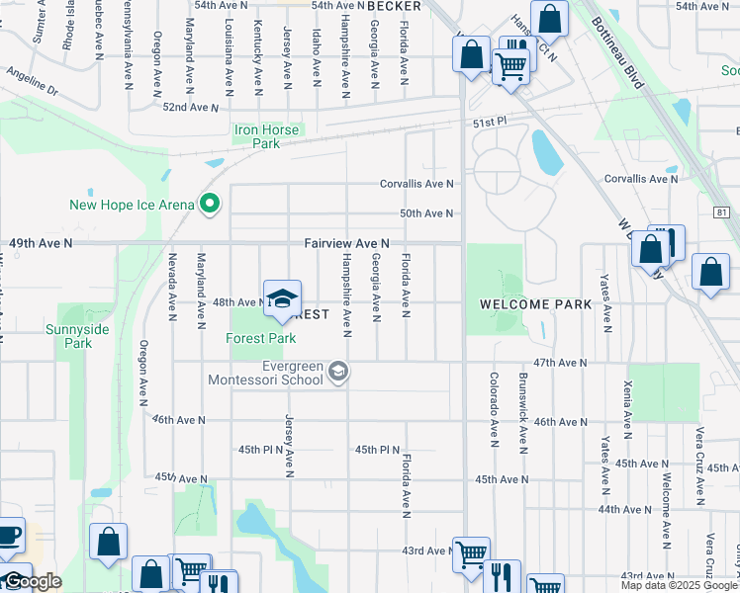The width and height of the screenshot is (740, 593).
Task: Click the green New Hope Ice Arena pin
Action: point(209,205)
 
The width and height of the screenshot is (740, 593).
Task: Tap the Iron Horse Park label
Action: point(268,135)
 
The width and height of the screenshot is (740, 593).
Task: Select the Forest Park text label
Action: point(262,338)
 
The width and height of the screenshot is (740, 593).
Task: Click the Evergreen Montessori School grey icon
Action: point(338,371)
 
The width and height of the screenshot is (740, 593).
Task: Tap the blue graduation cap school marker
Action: point(282,299)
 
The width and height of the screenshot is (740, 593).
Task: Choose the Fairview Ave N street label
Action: point(346,242)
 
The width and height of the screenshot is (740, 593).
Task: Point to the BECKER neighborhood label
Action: point(394,6)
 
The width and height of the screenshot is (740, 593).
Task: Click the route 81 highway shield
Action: point(720,212)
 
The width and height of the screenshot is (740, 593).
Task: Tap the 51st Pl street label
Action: point(489,121)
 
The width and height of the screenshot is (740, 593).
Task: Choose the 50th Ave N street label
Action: point(425,213)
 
